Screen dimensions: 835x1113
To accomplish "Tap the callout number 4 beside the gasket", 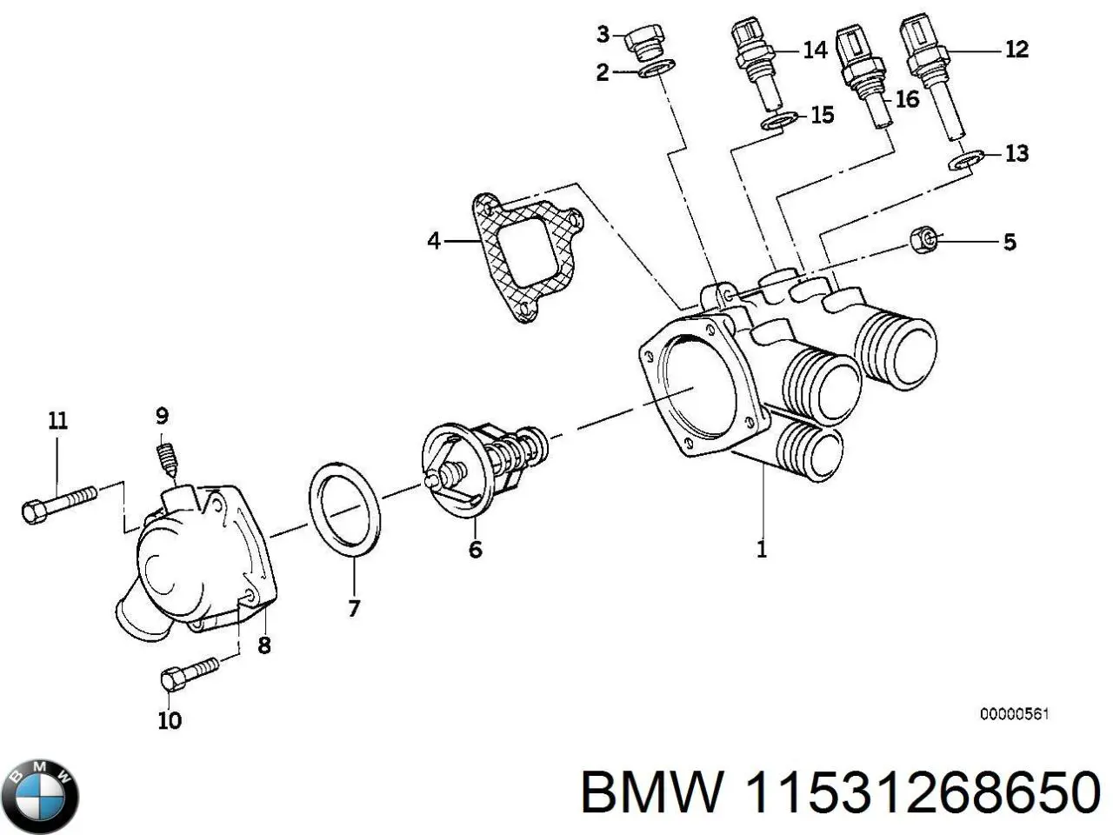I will pyautogui.click(x=434, y=240).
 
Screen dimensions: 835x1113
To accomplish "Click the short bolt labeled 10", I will pyautogui.click(x=190, y=674).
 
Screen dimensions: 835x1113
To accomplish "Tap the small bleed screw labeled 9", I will pyautogui.click(x=165, y=459).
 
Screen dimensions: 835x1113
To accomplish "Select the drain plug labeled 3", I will pyautogui.click(x=644, y=41).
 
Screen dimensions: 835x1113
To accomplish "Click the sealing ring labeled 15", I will pyautogui.click(x=778, y=121).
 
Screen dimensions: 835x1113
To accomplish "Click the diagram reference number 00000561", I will pyautogui.click(x=1015, y=714).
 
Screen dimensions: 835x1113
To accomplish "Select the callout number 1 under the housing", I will pyautogui.click(x=762, y=550).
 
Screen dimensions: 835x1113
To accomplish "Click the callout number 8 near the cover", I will pyautogui.click(x=264, y=645).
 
